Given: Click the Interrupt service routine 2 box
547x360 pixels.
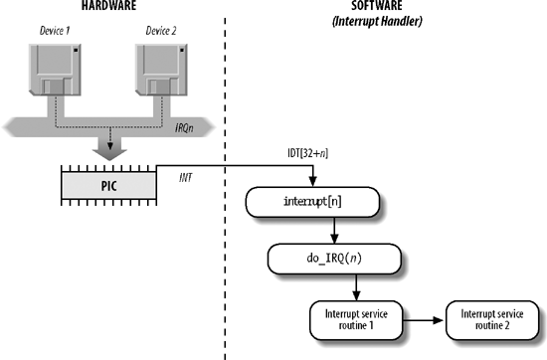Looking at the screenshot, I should coord(488,320).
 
